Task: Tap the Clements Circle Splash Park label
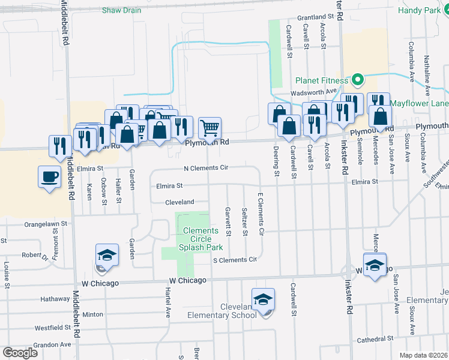coord(200,239)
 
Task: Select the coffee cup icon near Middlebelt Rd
coord(49,176)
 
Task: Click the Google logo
coord(20,352)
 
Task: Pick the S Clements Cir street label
coord(235,260)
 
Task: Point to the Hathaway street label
coord(55,298)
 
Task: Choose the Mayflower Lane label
coord(418,103)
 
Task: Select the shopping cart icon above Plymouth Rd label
coord(209,127)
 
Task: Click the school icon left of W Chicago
coord(106,256)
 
